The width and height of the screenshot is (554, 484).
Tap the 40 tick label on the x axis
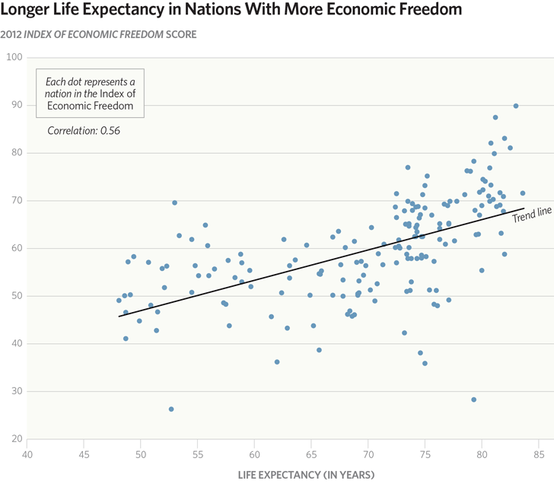point(27,455)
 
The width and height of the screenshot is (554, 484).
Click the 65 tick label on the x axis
point(311,455)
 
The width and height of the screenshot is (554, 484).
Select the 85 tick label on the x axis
point(539,455)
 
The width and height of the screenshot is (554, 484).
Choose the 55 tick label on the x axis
point(197,455)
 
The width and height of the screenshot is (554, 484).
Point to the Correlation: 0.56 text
point(84,130)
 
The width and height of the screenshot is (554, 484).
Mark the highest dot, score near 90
point(516,106)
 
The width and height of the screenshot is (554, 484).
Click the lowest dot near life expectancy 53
point(171,409)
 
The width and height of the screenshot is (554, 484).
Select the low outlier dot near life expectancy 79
point(473,400)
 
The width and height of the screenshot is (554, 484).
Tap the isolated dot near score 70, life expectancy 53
point(174,202)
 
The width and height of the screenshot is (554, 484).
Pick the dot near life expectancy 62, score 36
point(277,362)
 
